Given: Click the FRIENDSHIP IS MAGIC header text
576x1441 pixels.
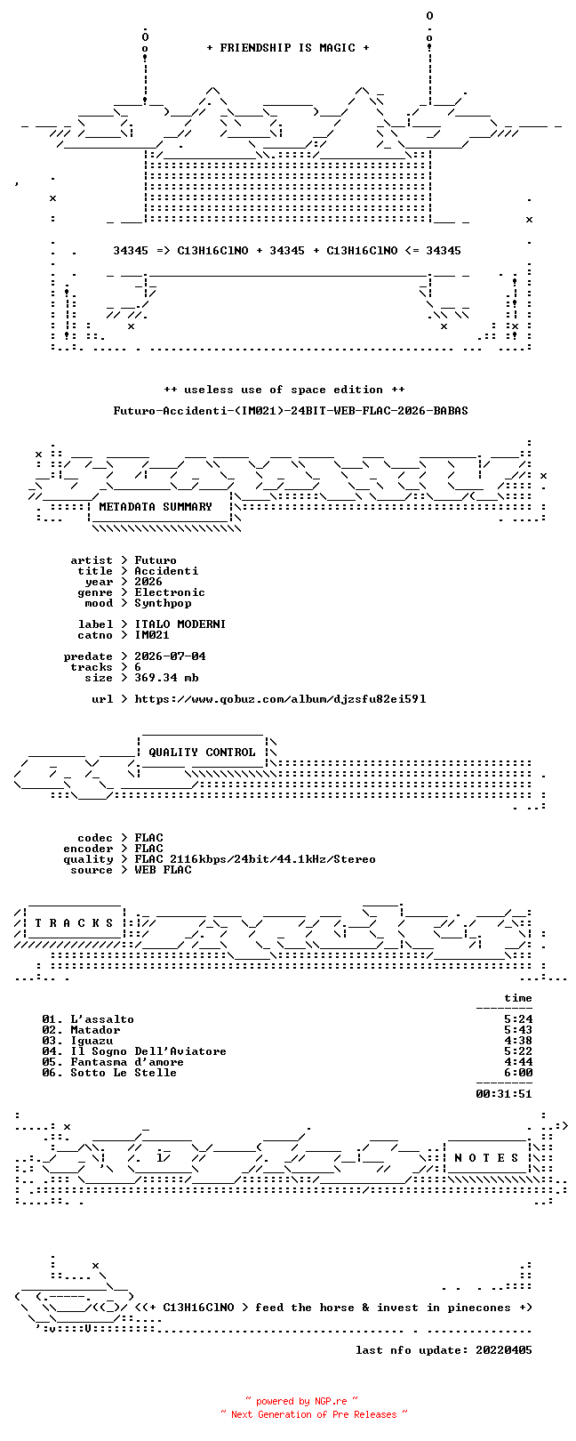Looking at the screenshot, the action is click(x=287, y=48).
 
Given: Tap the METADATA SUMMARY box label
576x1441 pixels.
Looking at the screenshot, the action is click(x=156, y=507).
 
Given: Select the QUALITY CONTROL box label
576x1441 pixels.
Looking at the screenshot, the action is click(x=202, y=753).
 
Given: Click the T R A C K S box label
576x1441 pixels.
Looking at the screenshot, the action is click(x=74, y=923).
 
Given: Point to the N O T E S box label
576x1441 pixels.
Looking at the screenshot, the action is click(x=486, y=1158).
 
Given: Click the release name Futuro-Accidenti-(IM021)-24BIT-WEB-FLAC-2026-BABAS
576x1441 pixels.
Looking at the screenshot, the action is click(x=291, y=410).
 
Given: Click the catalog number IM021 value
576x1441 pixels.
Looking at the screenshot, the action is click(x=152, y=635).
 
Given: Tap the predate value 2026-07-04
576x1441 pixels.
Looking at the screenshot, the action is click(x=170, y=656).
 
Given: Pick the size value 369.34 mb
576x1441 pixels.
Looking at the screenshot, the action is click(x=166, y=678).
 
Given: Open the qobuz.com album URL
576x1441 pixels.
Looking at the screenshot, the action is click(x=280, y=699).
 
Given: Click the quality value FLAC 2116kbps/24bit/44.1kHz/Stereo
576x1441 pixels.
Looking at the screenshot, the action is click(x=255, y=859).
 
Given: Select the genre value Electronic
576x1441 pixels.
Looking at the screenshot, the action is click(x=170, y=592).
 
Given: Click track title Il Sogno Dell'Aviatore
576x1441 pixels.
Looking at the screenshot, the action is click(x=148, y=1051).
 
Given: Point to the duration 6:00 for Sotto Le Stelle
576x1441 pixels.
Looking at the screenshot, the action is click(x=518, y=1073).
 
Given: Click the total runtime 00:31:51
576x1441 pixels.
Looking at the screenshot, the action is click(x=504, y=1093).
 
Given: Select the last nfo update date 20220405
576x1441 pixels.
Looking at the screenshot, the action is click(x=504, y=1349).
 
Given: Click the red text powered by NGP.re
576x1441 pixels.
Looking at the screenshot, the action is click(x=301, y=1400).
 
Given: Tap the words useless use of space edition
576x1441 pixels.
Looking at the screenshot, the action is click(x=284, y=390).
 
